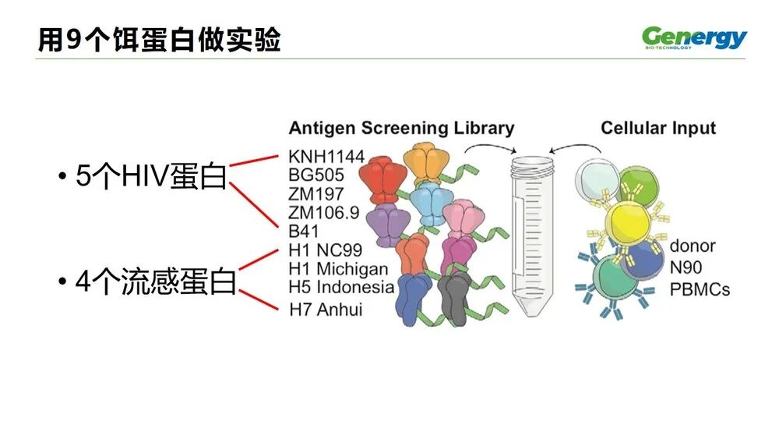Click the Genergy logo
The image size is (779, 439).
(694, 37)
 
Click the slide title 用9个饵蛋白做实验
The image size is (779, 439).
(160, 40)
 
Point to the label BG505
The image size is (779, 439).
(315, 175)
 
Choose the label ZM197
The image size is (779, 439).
(315, 193)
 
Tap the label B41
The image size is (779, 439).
(305, 231)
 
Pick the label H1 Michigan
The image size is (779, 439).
(337, 269)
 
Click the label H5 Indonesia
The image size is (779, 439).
(341, 287)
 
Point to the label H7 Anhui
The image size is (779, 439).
(325, 310)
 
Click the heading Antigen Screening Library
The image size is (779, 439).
(401, 128)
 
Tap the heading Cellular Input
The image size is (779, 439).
(657, 128)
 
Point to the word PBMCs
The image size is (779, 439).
(700, 289)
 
